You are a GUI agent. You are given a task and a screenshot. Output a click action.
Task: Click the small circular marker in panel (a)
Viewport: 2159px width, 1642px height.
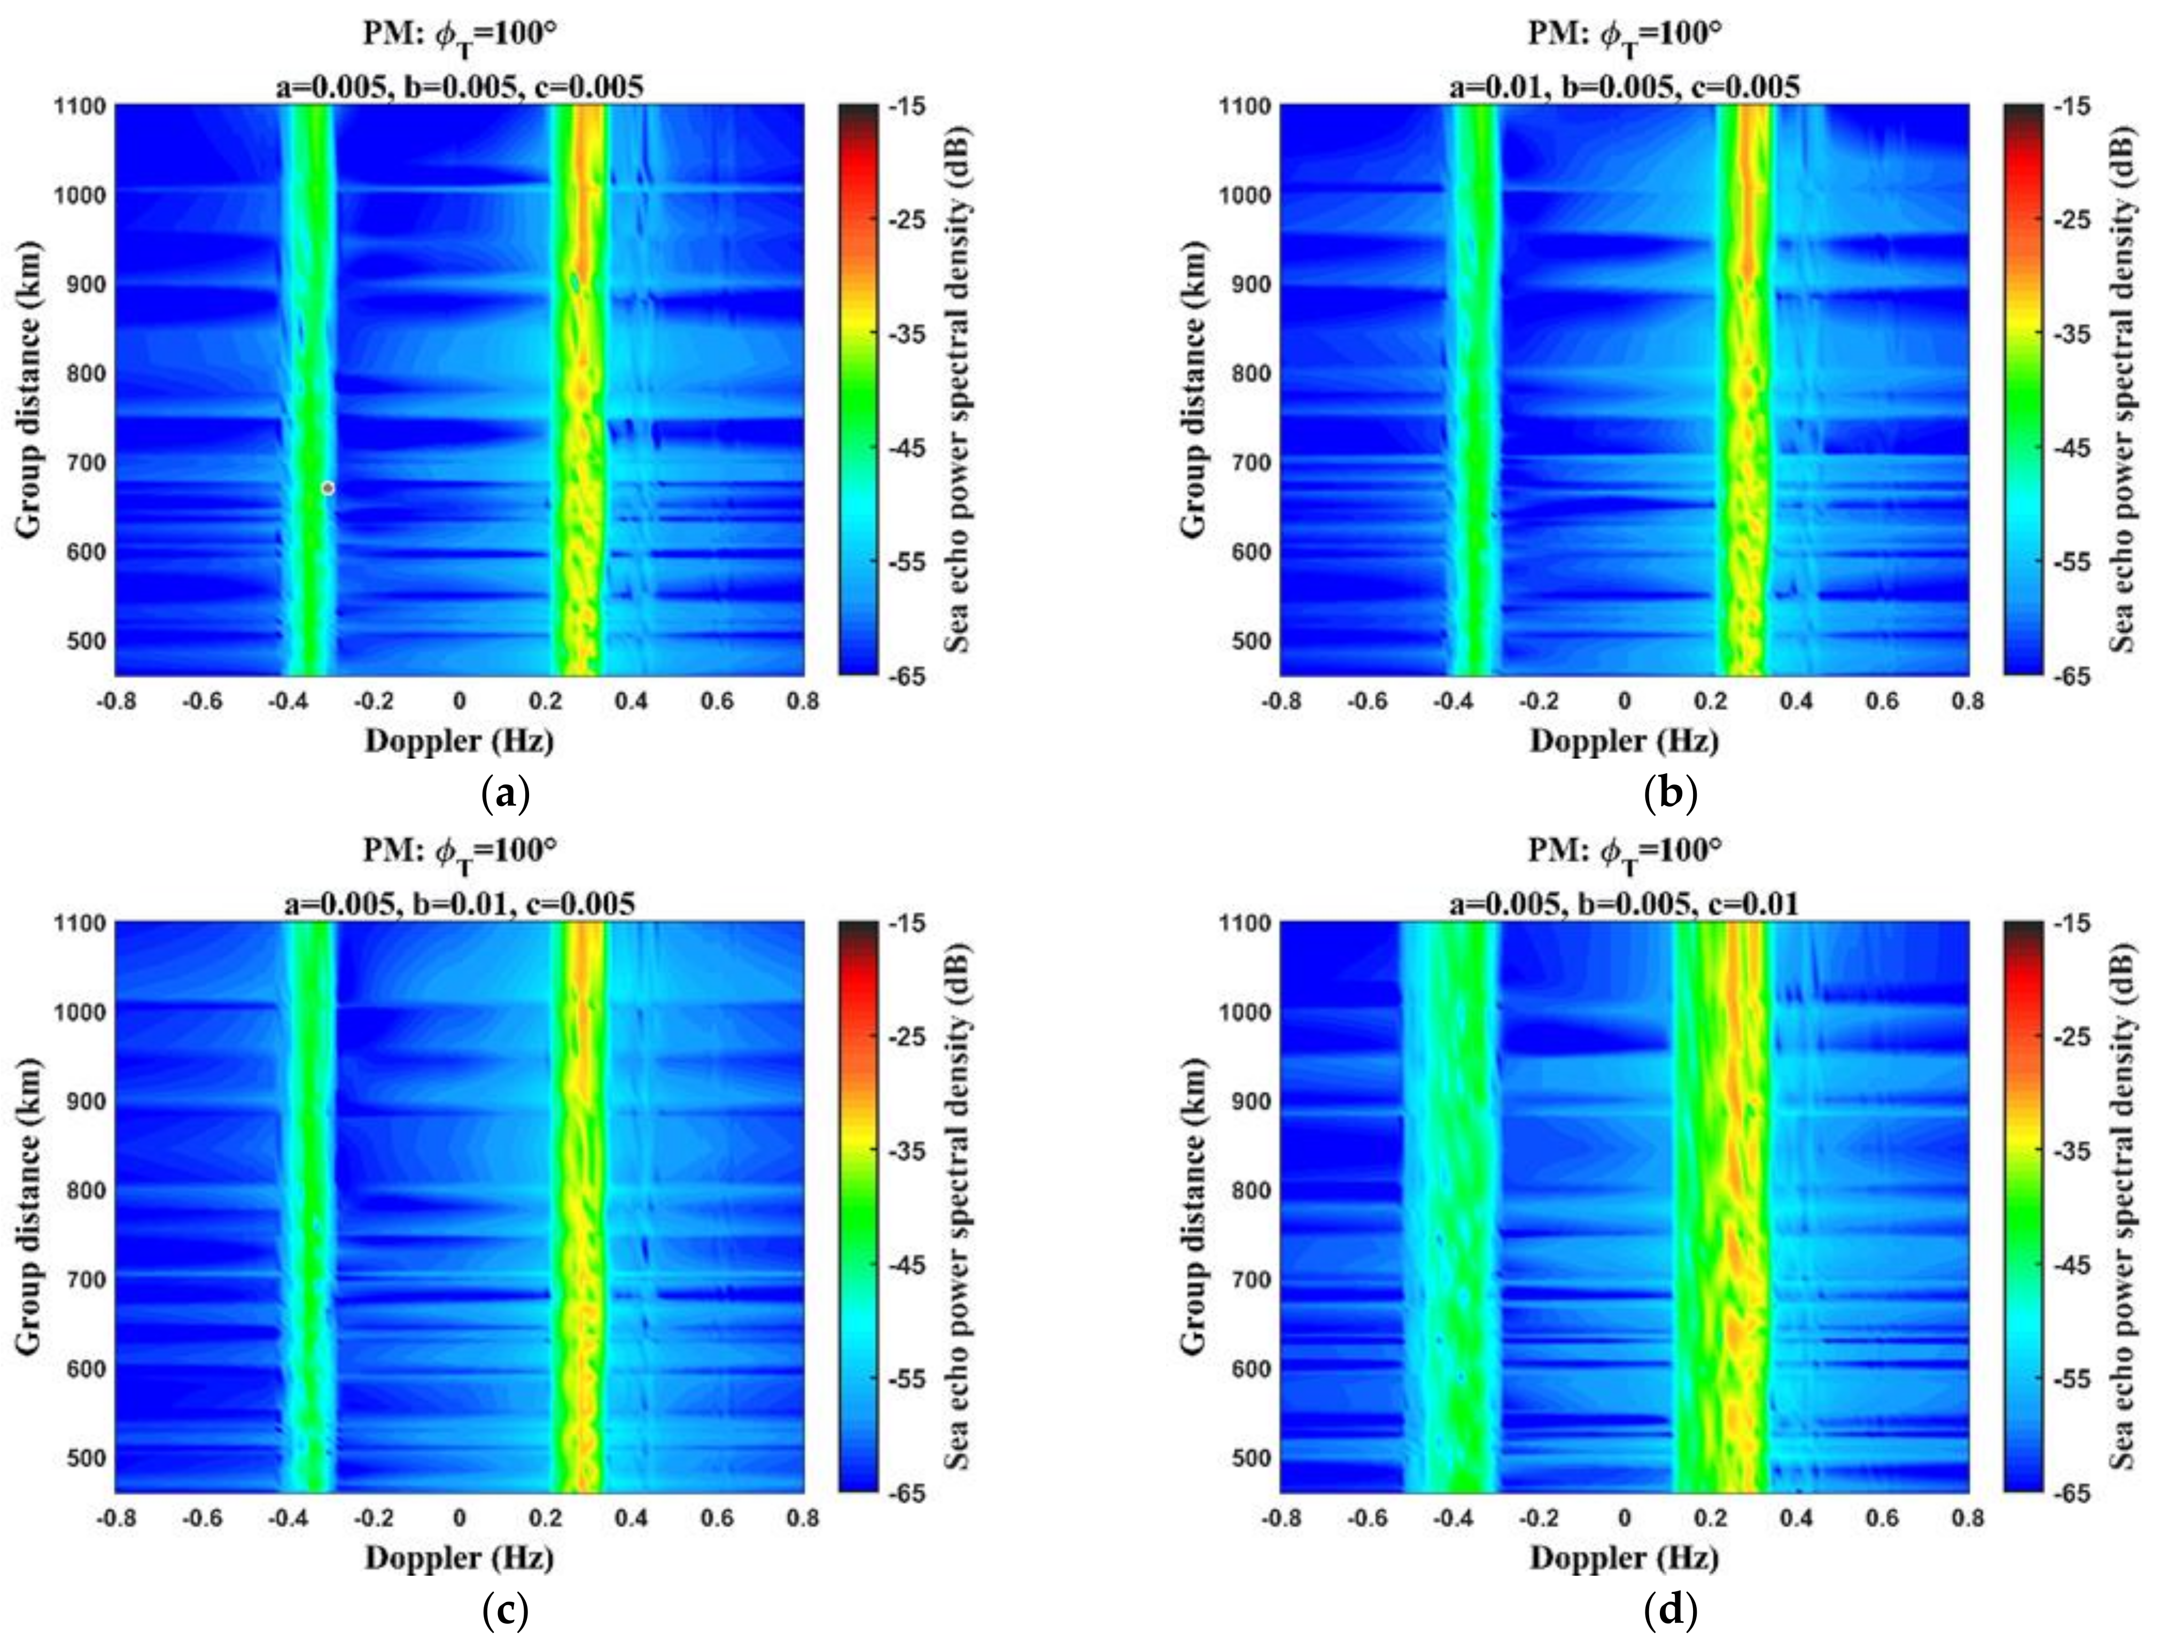click(x=328, y=487)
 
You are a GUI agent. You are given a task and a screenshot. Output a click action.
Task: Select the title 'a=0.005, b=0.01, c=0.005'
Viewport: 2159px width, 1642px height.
click(x=459, y=904)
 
